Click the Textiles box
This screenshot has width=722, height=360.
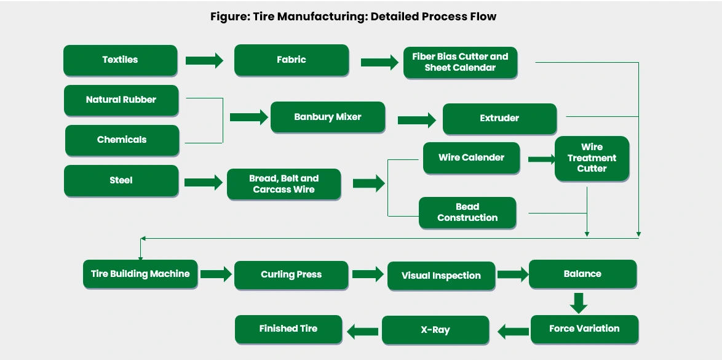click(121, 60)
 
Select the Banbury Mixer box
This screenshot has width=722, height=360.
click(328, 117)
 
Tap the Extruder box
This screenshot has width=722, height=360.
click(499, 118)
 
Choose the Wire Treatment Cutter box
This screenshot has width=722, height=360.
click(592, 158)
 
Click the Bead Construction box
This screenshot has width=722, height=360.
click(467, 212)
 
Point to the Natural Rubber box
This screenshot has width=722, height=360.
click(121, 100)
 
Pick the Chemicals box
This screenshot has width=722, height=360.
click(122, 140)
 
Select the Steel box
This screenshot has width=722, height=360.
click(121, 180)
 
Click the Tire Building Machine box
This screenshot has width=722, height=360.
click(140, 274)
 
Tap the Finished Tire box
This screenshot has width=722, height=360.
click(288, 329)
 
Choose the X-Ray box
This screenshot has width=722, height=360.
click(435, 330)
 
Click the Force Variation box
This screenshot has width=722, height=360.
click(584, 329)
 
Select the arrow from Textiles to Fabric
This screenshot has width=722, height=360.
click(204, 60)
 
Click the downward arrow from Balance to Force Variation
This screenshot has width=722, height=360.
click(578, 302)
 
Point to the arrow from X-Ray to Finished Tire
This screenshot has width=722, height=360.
click(363, 332)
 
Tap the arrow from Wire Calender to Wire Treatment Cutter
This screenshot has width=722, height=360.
click(541, 159)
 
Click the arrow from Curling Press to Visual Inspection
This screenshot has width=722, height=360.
click(368, 274)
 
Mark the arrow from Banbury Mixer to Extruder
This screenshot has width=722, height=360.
click(416, 121)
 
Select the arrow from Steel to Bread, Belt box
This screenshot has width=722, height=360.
click(203, 182)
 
